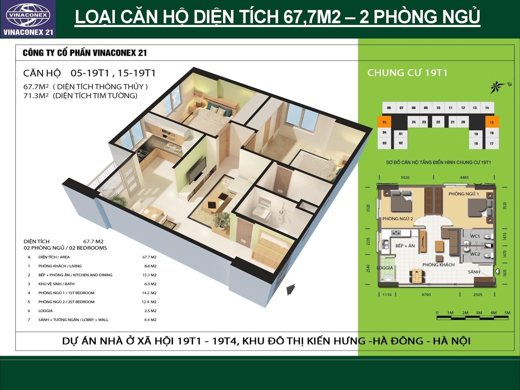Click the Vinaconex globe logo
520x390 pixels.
pos(28,15)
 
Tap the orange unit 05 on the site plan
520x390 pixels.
pos(384,122)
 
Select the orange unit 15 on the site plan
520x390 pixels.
pos(492,122)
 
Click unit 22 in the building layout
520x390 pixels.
pos(438,122)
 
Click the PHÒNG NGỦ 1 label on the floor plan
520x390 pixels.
pos(464,194)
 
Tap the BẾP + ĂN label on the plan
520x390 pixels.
pos(405,246)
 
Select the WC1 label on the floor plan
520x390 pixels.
pos(475,236)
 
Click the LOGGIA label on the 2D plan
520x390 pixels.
pos(385,268)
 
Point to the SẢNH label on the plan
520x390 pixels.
pos(474,272)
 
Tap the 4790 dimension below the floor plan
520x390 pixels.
pos(426,295)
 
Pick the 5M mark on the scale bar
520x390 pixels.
pos(507,313)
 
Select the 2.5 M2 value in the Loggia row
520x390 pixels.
pos(150,311)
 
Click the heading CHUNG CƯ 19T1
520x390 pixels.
pos(407,73)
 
